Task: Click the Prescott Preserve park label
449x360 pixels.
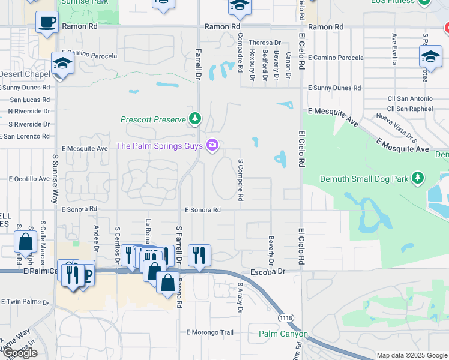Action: click(153, 119)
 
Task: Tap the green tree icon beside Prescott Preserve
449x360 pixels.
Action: click(194, 119)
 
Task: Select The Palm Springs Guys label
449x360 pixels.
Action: click(159, 145)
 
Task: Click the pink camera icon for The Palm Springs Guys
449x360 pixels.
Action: click(212, 145)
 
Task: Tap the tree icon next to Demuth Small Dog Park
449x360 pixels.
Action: click(418, 178)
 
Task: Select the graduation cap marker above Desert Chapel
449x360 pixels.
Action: click(62, 62)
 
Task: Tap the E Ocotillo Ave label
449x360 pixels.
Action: click(29, 179)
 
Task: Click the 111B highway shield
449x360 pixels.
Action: click(286, 317)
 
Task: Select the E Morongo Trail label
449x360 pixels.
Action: click(209, 332)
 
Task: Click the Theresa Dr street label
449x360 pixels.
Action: click(265, 43)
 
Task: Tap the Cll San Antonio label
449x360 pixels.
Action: click(409, 98)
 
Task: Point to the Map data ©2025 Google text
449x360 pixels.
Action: click(411, 355)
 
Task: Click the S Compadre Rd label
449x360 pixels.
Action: click(240, 179)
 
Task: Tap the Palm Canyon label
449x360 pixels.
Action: click(283, 334)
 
